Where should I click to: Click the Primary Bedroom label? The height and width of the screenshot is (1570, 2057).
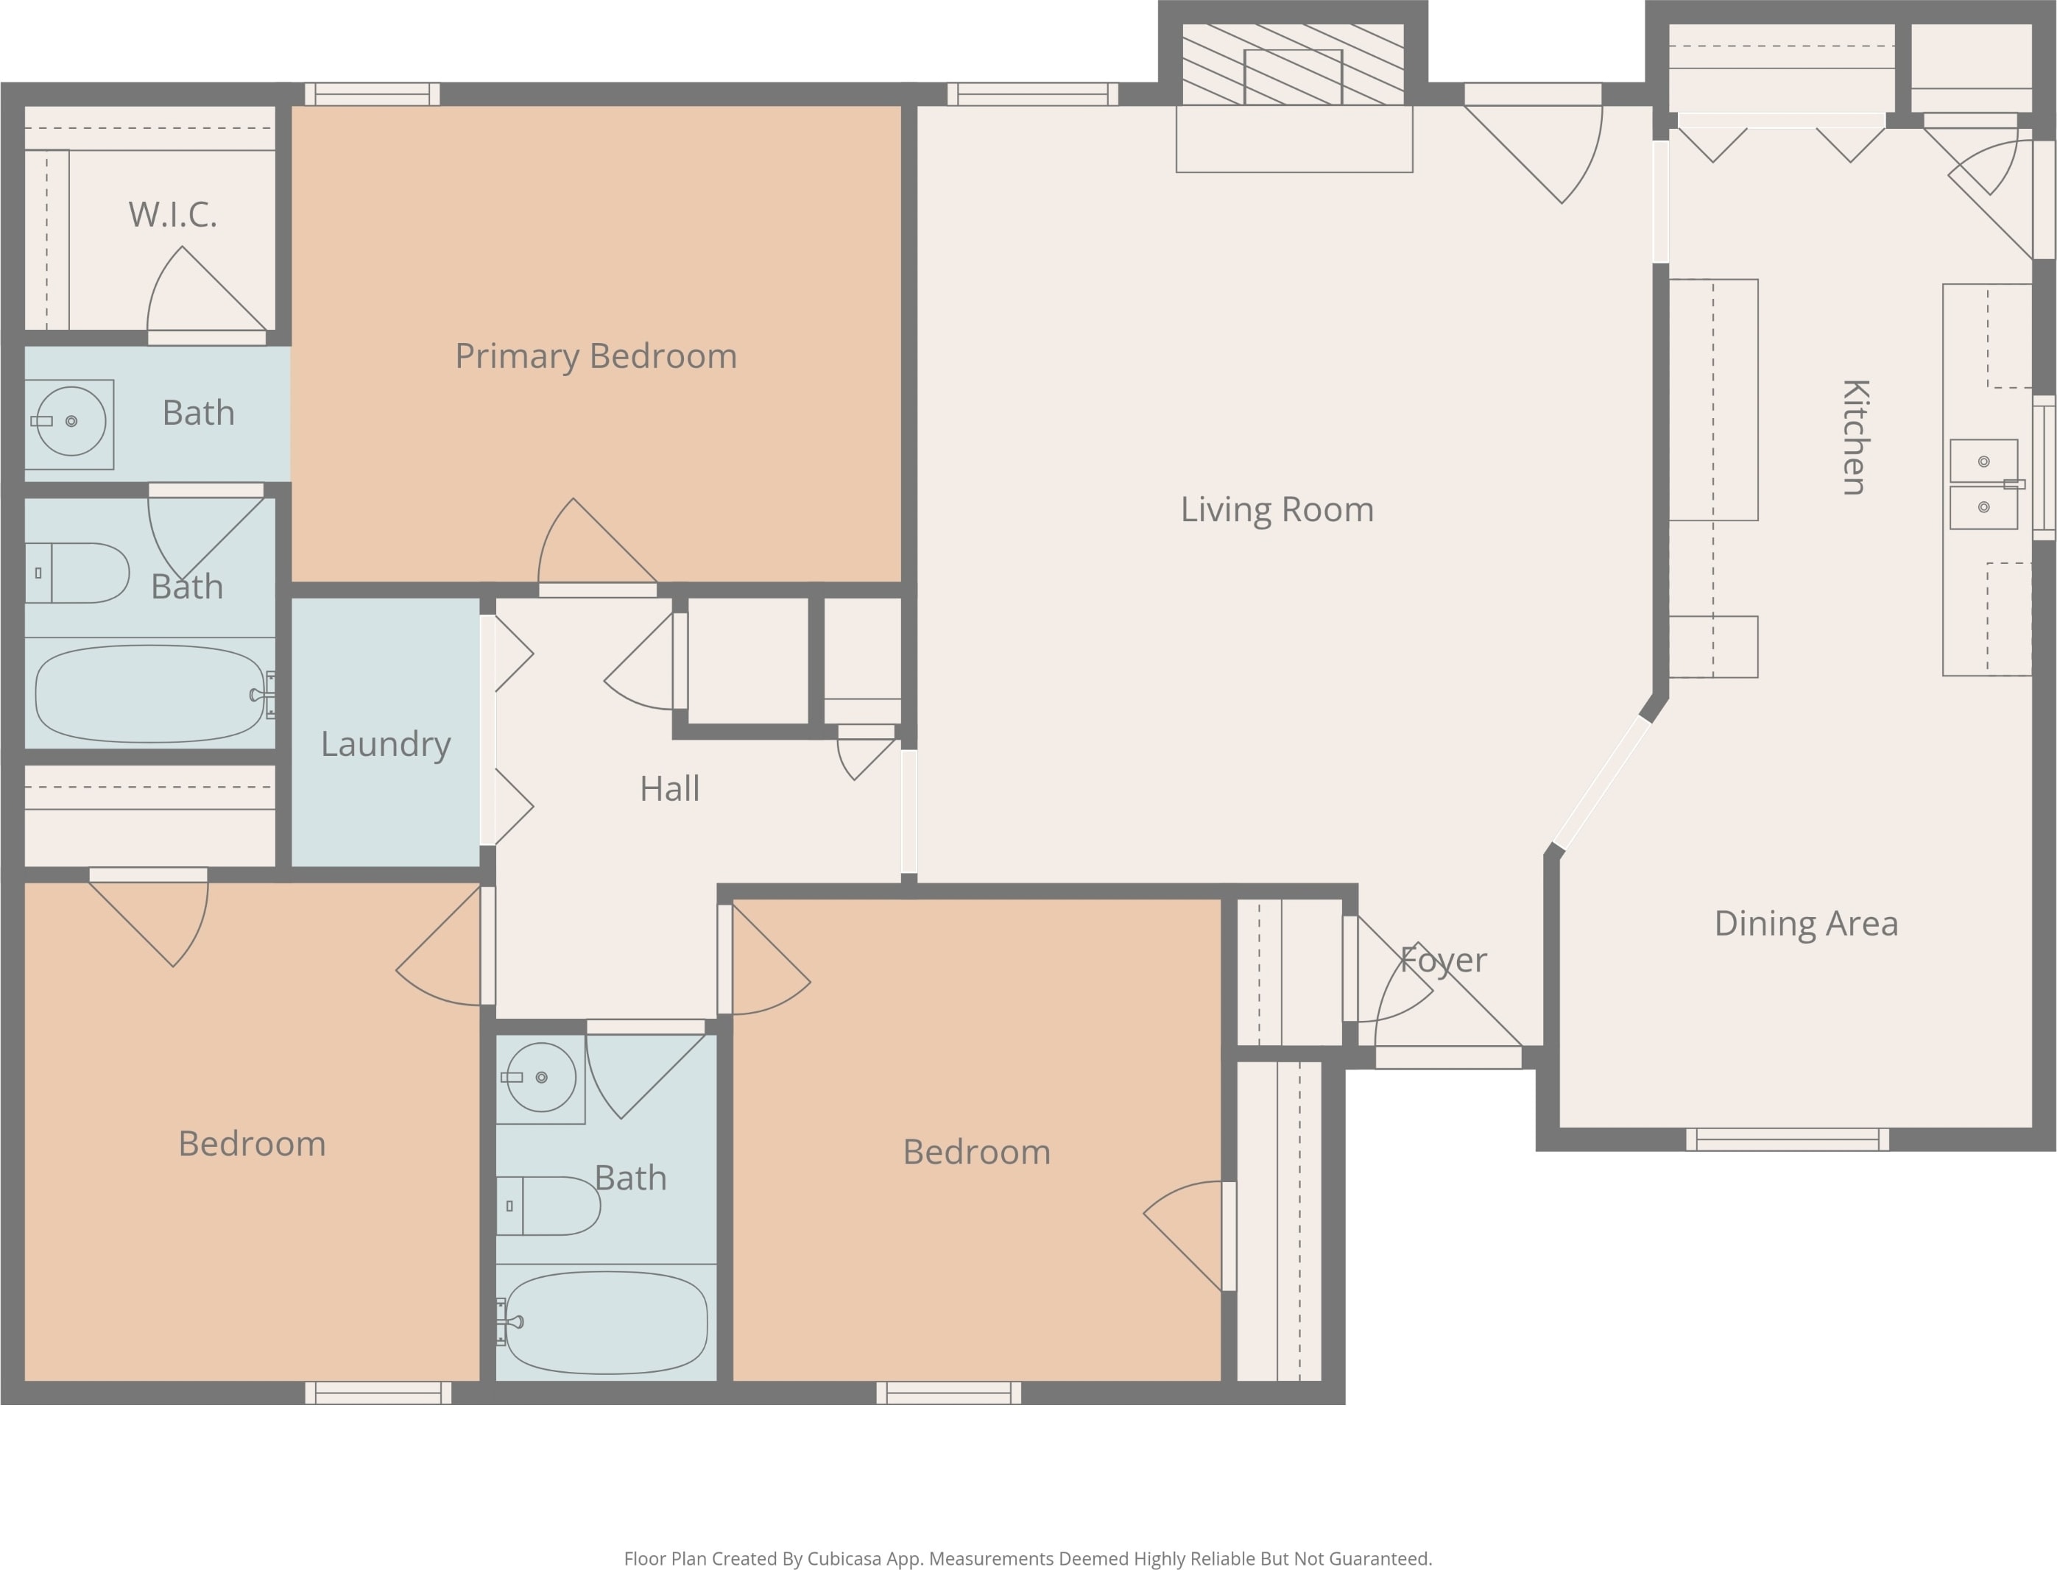click(596, 357)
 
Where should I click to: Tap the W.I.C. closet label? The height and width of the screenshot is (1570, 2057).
click(173, 215)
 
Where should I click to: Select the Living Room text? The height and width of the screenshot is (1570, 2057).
click(1277, 509)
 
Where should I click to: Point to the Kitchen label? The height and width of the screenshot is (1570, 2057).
click(1855, 436)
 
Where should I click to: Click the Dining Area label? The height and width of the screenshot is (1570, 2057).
click(1807, 923)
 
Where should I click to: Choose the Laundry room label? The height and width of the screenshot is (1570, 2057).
click(386, 745)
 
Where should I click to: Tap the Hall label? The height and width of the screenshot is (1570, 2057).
click(670, 789)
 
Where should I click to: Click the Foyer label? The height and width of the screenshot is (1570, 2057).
click(1444, 961)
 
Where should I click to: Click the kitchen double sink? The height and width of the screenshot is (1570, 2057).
click(1984, 484)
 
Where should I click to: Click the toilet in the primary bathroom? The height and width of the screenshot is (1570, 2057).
click(77, 573)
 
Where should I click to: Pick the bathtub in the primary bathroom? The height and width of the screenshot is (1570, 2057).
click(150, 693)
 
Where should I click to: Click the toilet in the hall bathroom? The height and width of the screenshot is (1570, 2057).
click(548, 1206)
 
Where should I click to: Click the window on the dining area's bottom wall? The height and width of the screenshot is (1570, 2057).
click(1788, 1139)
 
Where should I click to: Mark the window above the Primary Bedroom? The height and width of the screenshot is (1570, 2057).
click(372, 94)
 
